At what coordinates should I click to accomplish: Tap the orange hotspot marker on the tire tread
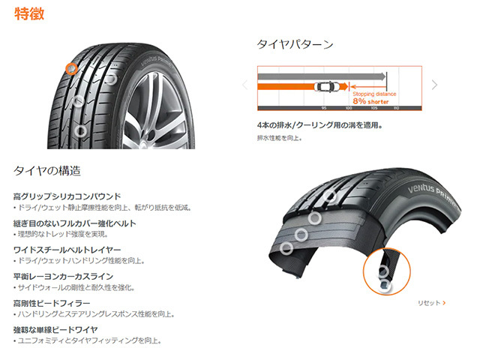coord(72,68)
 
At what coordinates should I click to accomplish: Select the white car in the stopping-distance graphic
coord(328,86)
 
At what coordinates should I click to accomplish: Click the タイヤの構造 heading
coord(46,171)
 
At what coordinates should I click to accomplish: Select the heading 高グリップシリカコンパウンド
coord(67,196)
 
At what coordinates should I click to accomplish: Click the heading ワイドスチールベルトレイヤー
coord(67,249)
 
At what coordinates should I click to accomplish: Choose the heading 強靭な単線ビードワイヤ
coord(55,329)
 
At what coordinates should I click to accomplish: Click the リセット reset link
coord(430,303)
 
